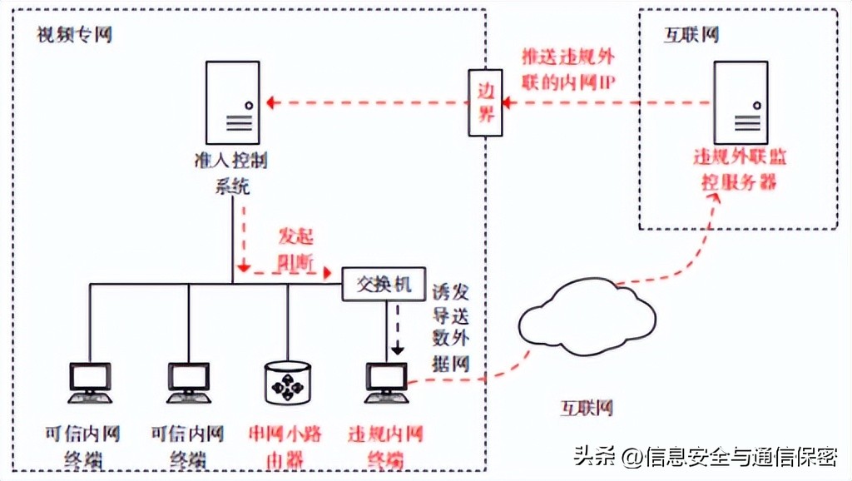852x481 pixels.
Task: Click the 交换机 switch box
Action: click(x=384, y=284)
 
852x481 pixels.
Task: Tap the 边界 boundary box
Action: click(x=485, y=103)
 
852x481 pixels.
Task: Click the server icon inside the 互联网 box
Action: click(x=740, y=102)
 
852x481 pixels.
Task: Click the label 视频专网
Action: click(x=74, y=35)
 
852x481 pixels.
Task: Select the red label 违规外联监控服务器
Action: click(x=739, y=169)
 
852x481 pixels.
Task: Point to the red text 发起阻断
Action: click(x=295, y=249)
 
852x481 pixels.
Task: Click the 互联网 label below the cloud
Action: click(x=586, y=408)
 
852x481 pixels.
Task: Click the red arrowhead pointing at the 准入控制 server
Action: click(x=273, y=103)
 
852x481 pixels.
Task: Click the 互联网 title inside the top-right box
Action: click(x=691, y=35)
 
